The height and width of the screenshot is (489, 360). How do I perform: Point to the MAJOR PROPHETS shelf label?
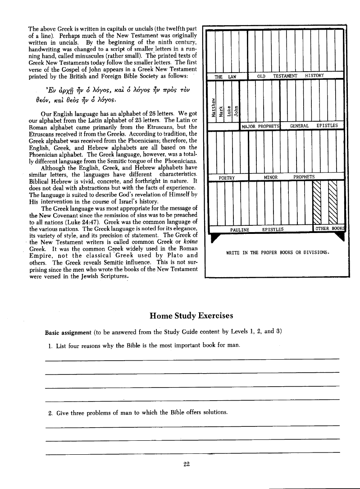pos(261,126)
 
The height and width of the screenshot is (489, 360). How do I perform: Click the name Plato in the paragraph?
pos(171,256)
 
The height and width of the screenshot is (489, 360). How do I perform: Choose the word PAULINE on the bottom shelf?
pos(240,229)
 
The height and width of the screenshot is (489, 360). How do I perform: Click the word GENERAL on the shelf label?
pos(299,126)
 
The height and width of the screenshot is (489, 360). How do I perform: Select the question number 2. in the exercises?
pos(50,412)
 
